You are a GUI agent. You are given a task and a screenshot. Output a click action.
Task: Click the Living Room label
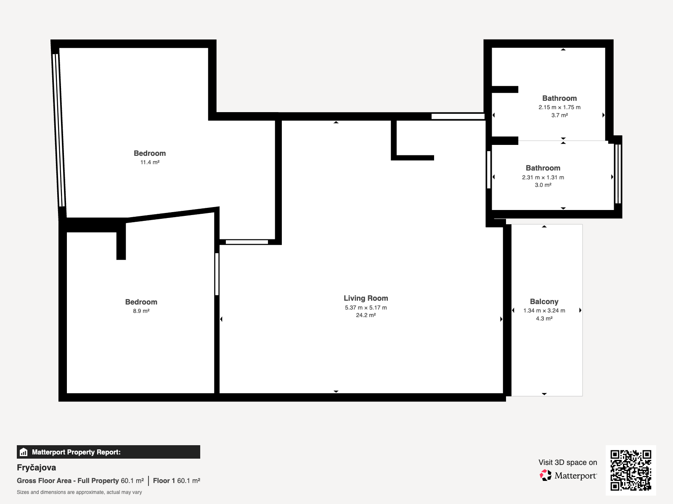(x=366, y=298)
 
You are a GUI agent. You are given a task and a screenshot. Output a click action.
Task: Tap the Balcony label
(x=544, y=302)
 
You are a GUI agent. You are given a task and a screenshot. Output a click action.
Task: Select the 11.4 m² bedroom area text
(x=150, y=162)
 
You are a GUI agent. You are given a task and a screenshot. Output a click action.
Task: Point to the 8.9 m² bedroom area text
(x=141, y=311)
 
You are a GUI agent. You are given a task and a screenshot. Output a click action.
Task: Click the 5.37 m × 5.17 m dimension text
(x=366, y=307)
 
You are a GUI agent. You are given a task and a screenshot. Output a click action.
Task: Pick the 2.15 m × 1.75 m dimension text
(x=559, y=108)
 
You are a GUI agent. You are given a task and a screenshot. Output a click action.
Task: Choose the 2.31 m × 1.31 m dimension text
(x=543, y=178)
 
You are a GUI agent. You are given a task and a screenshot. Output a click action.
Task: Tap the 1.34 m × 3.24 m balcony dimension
(x=544, y=311)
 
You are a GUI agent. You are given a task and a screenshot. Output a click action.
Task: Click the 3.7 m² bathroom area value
(x=559, y=115)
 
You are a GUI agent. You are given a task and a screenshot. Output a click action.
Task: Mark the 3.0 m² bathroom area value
(x=543, y=185)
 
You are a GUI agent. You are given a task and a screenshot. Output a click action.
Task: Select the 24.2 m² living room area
(x=366, y=315)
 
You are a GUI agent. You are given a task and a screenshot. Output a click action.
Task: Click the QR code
(x=631, y=470)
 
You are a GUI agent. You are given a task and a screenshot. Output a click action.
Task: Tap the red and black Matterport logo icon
(x=546, y=475)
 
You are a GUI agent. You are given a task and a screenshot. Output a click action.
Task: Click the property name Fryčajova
(x=36, y=467)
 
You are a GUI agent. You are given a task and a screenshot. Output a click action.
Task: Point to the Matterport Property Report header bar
(x=108, y=452)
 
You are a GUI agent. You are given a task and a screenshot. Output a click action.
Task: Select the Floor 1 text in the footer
(x=164, y=481)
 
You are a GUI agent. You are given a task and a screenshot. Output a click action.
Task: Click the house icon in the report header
(x=24, y=452)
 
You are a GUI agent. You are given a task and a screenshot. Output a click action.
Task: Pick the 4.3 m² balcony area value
(x=544, y=318)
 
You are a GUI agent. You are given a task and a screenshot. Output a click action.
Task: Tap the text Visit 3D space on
(x=568, y=462)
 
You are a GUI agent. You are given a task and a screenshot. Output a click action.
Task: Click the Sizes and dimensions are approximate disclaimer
(x=79, y=492)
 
